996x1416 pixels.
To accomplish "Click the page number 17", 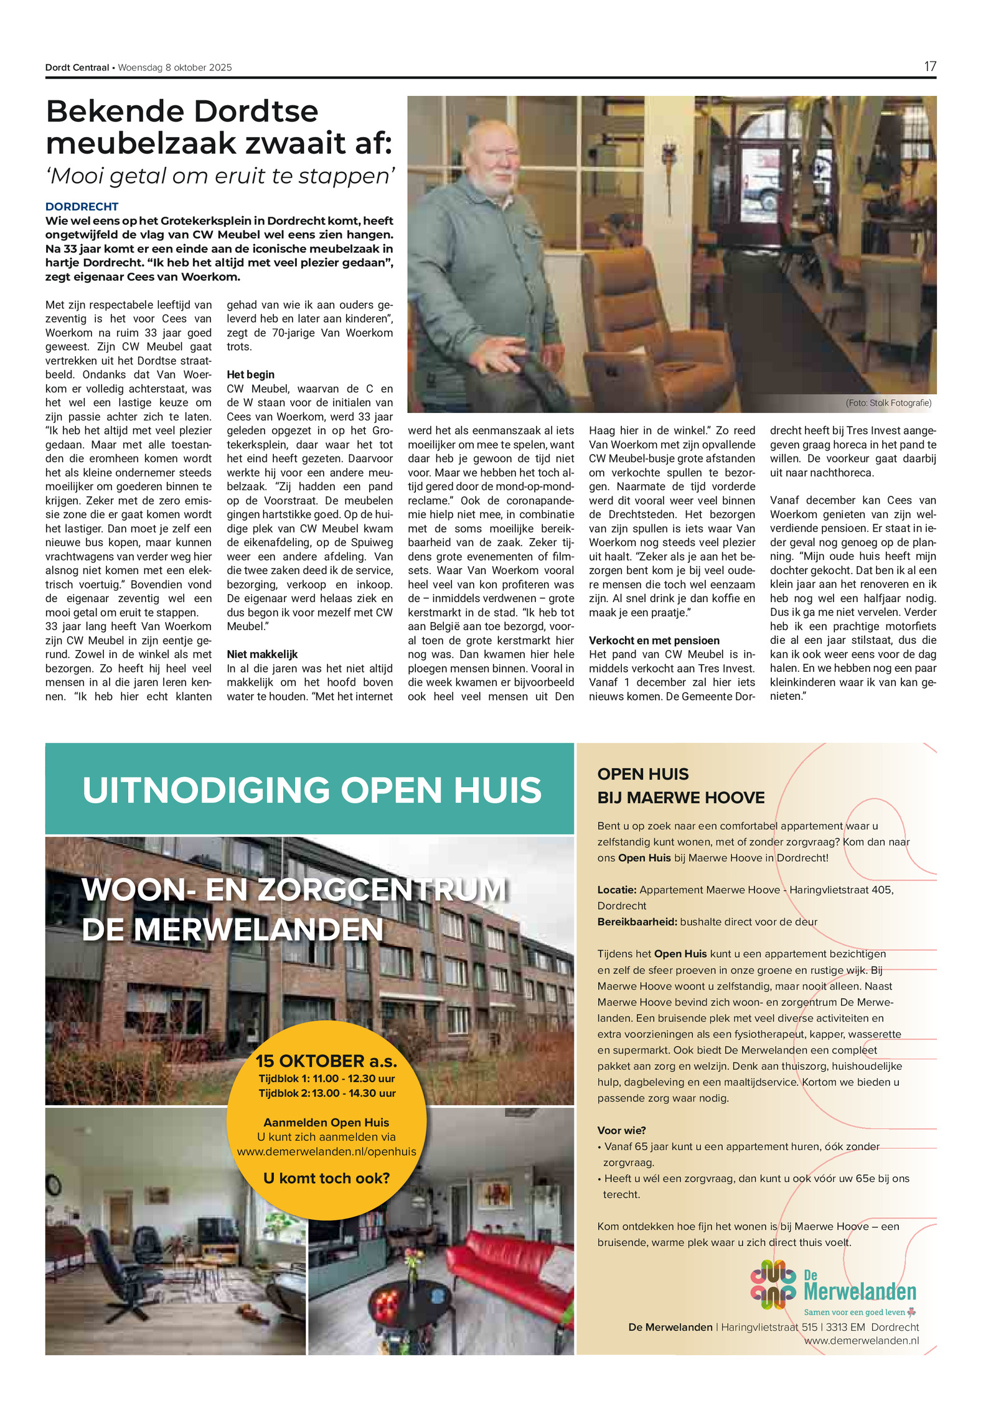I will click(x=929, y=67).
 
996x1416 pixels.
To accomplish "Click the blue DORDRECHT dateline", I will click(x=82, y=207).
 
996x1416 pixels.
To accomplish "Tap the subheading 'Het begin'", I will click(x=250, y=374).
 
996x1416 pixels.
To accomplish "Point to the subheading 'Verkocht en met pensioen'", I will click(x=654, y=640).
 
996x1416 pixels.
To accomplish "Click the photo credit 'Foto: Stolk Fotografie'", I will click(x=888, y=403).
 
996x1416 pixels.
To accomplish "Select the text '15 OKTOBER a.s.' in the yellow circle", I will click(x=326, y=1060).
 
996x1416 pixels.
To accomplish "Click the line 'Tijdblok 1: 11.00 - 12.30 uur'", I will click(x=327, y=1079).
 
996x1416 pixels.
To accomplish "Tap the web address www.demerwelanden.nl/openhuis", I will click(x=326, y=1151).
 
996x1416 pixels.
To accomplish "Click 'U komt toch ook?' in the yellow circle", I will click(x=326, y=1178).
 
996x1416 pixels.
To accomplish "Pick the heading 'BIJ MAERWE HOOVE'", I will click(x=680, y=798).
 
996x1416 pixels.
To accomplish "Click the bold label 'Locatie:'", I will click(x=617, y=890).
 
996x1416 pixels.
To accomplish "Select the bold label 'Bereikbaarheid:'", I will click(x=637, y=922).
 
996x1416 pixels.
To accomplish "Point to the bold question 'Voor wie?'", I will click(x=621, y=1130).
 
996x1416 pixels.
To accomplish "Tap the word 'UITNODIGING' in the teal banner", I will click(x=205, y=790).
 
